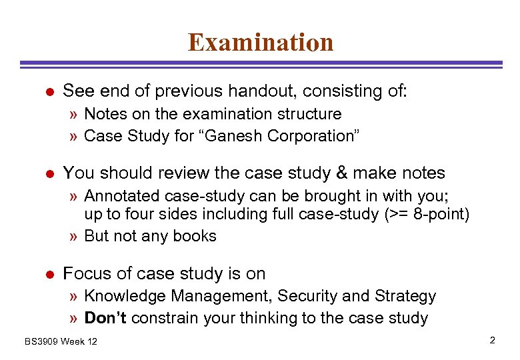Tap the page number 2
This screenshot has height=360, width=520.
pyautogui.click(x=492, y=341)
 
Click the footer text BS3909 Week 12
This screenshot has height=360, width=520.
pyautogui.click(x=61, y=341)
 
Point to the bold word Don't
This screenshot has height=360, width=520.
pyautogui.click(x=106, y=318)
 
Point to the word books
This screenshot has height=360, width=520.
pyautogui.click(x=195, y=236)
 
